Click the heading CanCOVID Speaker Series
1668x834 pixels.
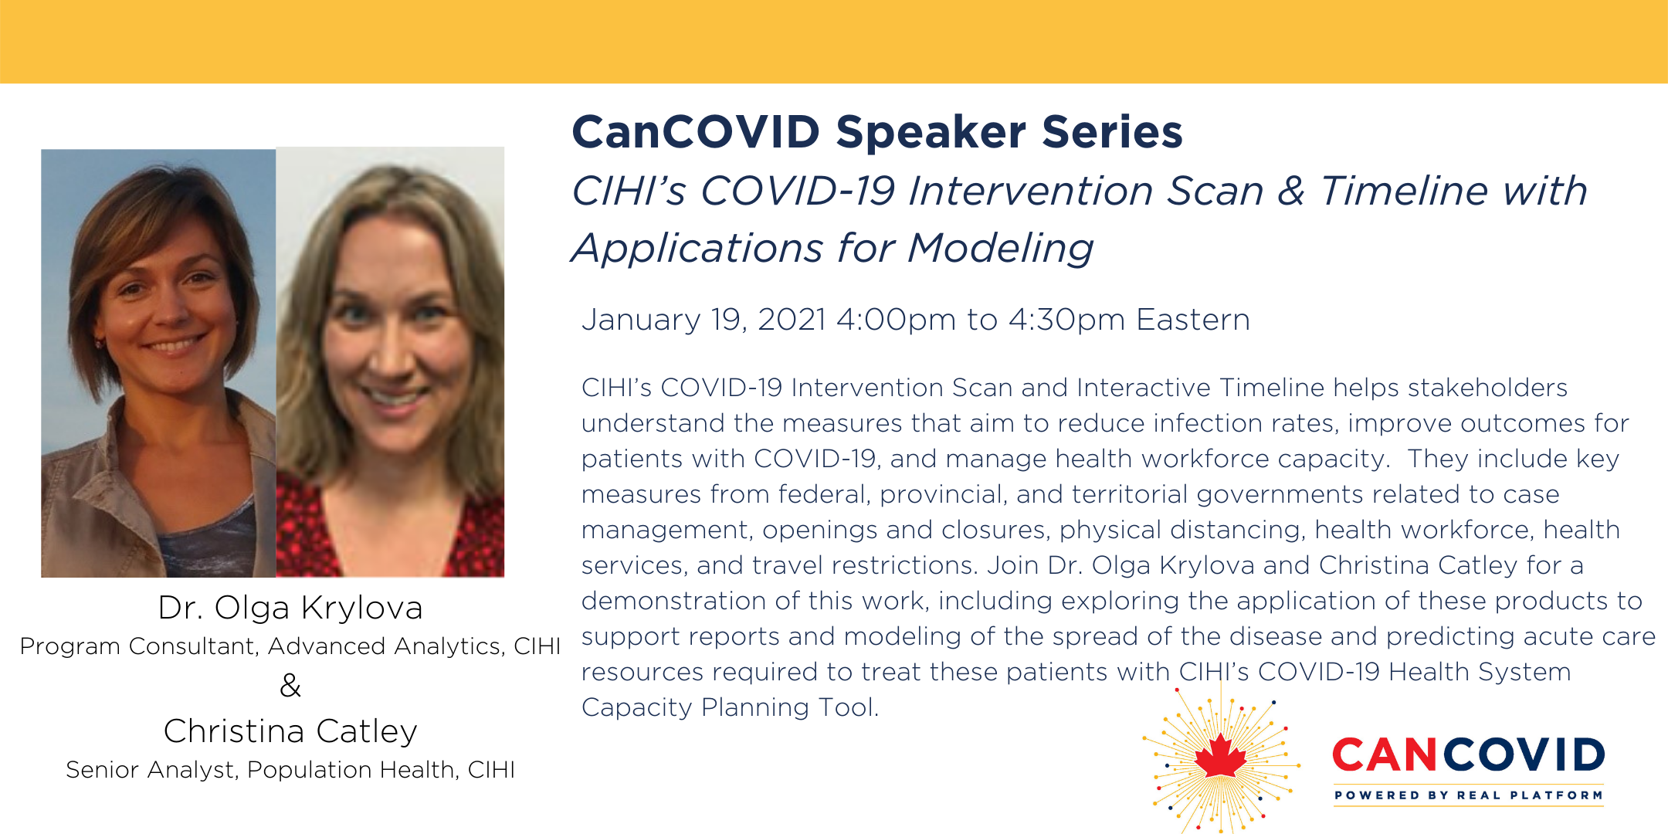[x=877, y=131]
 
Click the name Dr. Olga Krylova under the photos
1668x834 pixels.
[x=290, y=608]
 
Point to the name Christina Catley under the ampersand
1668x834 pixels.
[x=290, y=731]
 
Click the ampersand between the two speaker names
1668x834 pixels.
[x=290, y=685]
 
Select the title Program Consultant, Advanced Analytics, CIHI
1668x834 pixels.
[x=290, y=646]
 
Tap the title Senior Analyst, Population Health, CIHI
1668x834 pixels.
[x=290, y=769]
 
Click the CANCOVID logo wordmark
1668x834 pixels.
[x=1469, y=754]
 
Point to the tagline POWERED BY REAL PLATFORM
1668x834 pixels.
[x=1469, y=795]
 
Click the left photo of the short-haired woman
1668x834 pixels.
[x=158, y=363]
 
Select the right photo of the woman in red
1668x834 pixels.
[x=390, y=361]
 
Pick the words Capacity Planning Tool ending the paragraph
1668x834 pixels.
[x=731, y=707]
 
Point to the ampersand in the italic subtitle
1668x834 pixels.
[x=1291, y=191]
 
